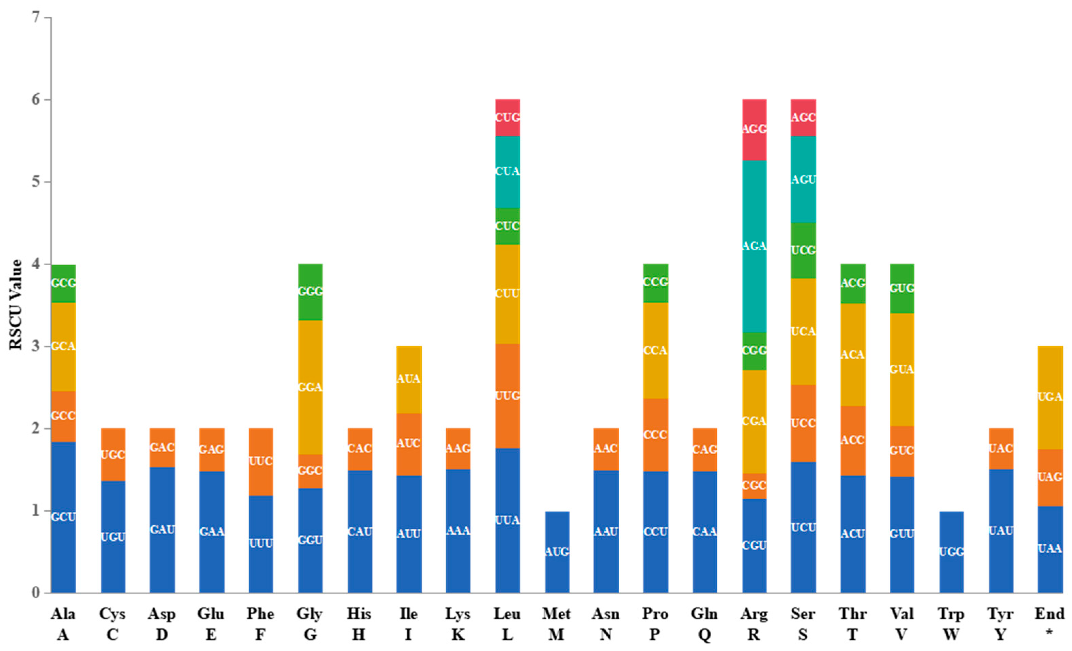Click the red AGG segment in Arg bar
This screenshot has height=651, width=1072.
coord(754,129)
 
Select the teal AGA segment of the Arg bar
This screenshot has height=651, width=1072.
coord(754,246)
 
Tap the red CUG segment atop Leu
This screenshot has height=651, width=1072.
coord(507,118)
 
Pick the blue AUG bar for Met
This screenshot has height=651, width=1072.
coord(557,552)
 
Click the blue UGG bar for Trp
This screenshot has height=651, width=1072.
coord(951,552)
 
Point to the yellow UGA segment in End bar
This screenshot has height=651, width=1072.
coord(1050,397)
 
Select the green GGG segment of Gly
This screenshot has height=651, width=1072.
coord(310,291)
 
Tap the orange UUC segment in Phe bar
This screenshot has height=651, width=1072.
coord(261,461)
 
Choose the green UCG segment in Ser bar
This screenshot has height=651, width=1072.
coord(803,251)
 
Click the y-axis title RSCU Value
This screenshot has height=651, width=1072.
coord(16,304)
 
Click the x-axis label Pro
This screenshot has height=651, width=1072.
coord(655,614)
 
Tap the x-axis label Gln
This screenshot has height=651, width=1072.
coord(704,614)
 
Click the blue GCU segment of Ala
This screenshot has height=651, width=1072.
coord(63,517)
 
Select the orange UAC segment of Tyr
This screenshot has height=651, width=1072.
coord(1001,448)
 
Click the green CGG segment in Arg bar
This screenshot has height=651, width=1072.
coord(754,350)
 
